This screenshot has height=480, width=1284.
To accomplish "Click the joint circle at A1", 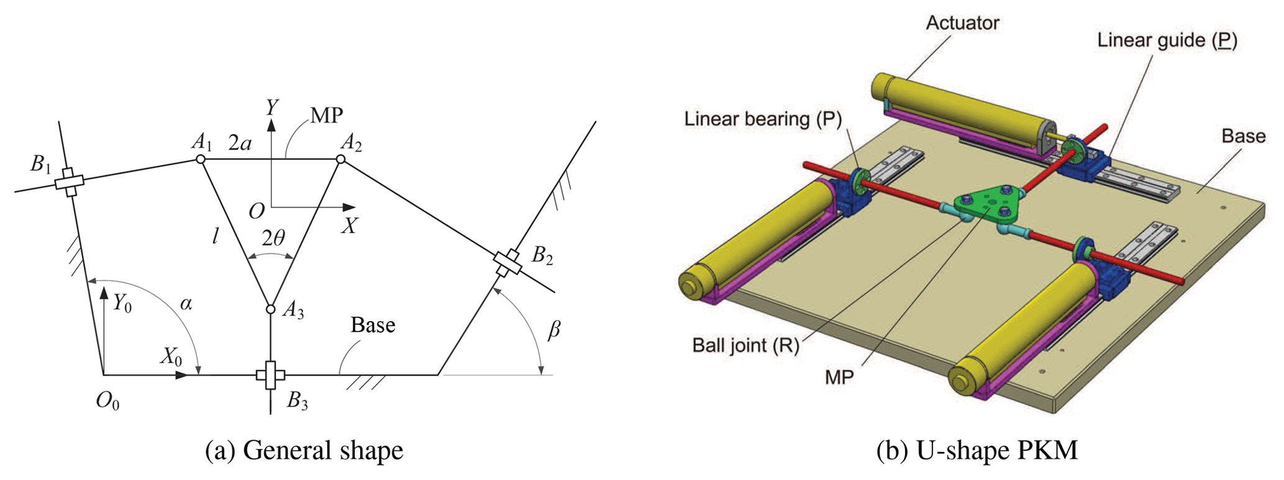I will point(201,160).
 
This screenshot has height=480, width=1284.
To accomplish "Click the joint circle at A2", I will point(340,160).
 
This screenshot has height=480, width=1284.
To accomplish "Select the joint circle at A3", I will point(270,309).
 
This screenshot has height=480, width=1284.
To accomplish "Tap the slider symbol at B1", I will point(69,182).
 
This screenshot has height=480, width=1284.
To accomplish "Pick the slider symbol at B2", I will point(508,263).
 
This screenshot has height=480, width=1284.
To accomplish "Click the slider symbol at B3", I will point(270,375).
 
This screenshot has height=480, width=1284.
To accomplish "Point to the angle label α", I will point(186,304).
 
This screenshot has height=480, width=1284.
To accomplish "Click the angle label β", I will point(553,329).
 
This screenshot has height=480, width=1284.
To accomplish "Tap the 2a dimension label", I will point(240,143).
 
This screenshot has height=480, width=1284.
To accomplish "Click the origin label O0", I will point(107,402).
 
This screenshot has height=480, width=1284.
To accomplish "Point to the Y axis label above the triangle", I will point(272,108).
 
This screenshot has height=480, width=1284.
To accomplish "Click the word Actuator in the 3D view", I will point(962,23).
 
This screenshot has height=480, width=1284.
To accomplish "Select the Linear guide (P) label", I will point(1167,40).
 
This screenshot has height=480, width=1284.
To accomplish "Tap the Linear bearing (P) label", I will point(763,119).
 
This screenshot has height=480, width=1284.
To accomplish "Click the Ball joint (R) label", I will point(745,345).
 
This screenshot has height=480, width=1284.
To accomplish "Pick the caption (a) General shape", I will point(304,450).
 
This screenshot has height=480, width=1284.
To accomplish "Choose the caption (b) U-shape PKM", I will point(977,450).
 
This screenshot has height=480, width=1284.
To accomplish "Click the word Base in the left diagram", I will point(373,325).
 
